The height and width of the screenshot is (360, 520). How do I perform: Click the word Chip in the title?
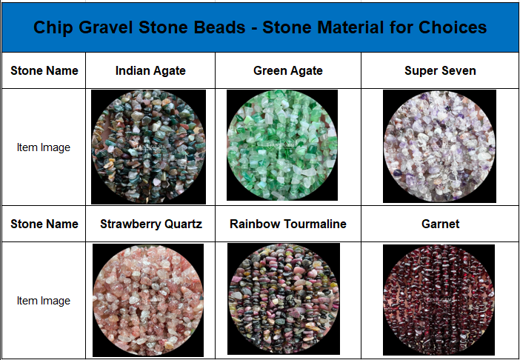point(53,27)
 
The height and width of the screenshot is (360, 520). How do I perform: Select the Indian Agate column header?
point(150,70)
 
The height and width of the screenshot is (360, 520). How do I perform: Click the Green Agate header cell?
point(288,70)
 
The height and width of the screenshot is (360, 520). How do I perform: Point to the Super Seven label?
point(440,70)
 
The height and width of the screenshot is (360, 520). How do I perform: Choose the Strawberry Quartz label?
point(151,224)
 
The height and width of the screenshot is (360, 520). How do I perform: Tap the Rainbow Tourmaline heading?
point(288,224)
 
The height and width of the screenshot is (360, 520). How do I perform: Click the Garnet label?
point(441,224)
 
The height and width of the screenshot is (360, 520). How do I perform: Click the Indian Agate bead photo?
point(148,147)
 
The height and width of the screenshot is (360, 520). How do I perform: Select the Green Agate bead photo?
point(282,145)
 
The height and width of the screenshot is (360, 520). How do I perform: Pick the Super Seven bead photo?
point(439,146)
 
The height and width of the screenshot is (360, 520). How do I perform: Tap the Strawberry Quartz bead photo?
point(148,300)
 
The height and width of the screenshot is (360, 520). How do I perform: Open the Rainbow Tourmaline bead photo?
point(284,299)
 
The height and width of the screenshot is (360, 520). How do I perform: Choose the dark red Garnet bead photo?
point(439,300)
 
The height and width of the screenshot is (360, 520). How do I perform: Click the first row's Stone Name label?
point(44,70)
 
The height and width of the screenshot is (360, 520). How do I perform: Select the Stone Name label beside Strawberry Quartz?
point(44,224)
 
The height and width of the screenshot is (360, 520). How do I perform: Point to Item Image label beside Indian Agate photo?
point(44,147)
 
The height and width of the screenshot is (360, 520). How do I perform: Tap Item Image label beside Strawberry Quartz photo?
point(44,301)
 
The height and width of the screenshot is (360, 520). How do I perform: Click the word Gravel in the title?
point(106,27)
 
